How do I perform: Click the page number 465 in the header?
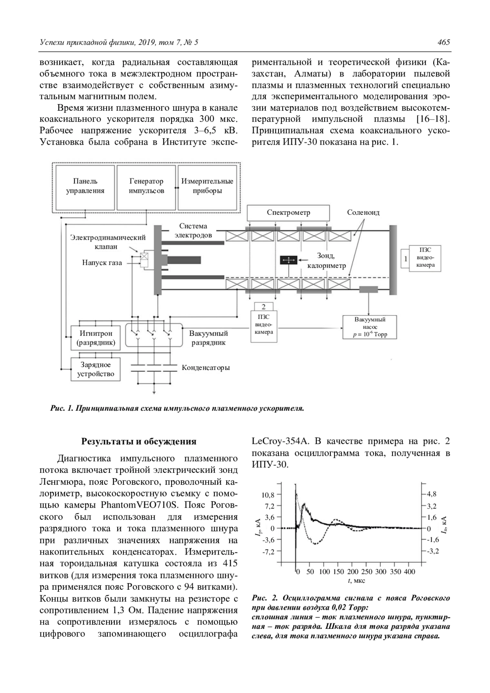point(443,42)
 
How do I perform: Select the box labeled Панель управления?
point(85,186)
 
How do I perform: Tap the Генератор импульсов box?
point(147,186)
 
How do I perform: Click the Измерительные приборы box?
point(207,186)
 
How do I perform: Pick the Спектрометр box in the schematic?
point(288,213)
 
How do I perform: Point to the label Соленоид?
point(363,213)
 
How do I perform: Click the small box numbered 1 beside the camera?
point(405,258)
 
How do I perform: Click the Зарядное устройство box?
point(96,369)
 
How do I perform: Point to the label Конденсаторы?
point(206,368)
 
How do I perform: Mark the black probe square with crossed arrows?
point(289,260)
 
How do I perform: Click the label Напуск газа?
point(102,263)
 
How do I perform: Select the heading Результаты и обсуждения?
point(139,441)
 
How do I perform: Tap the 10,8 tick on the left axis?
point(268,495)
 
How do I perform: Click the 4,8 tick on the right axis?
point(432,494)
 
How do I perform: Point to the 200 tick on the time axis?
point(353,572)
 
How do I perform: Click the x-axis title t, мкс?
point(356,581)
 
